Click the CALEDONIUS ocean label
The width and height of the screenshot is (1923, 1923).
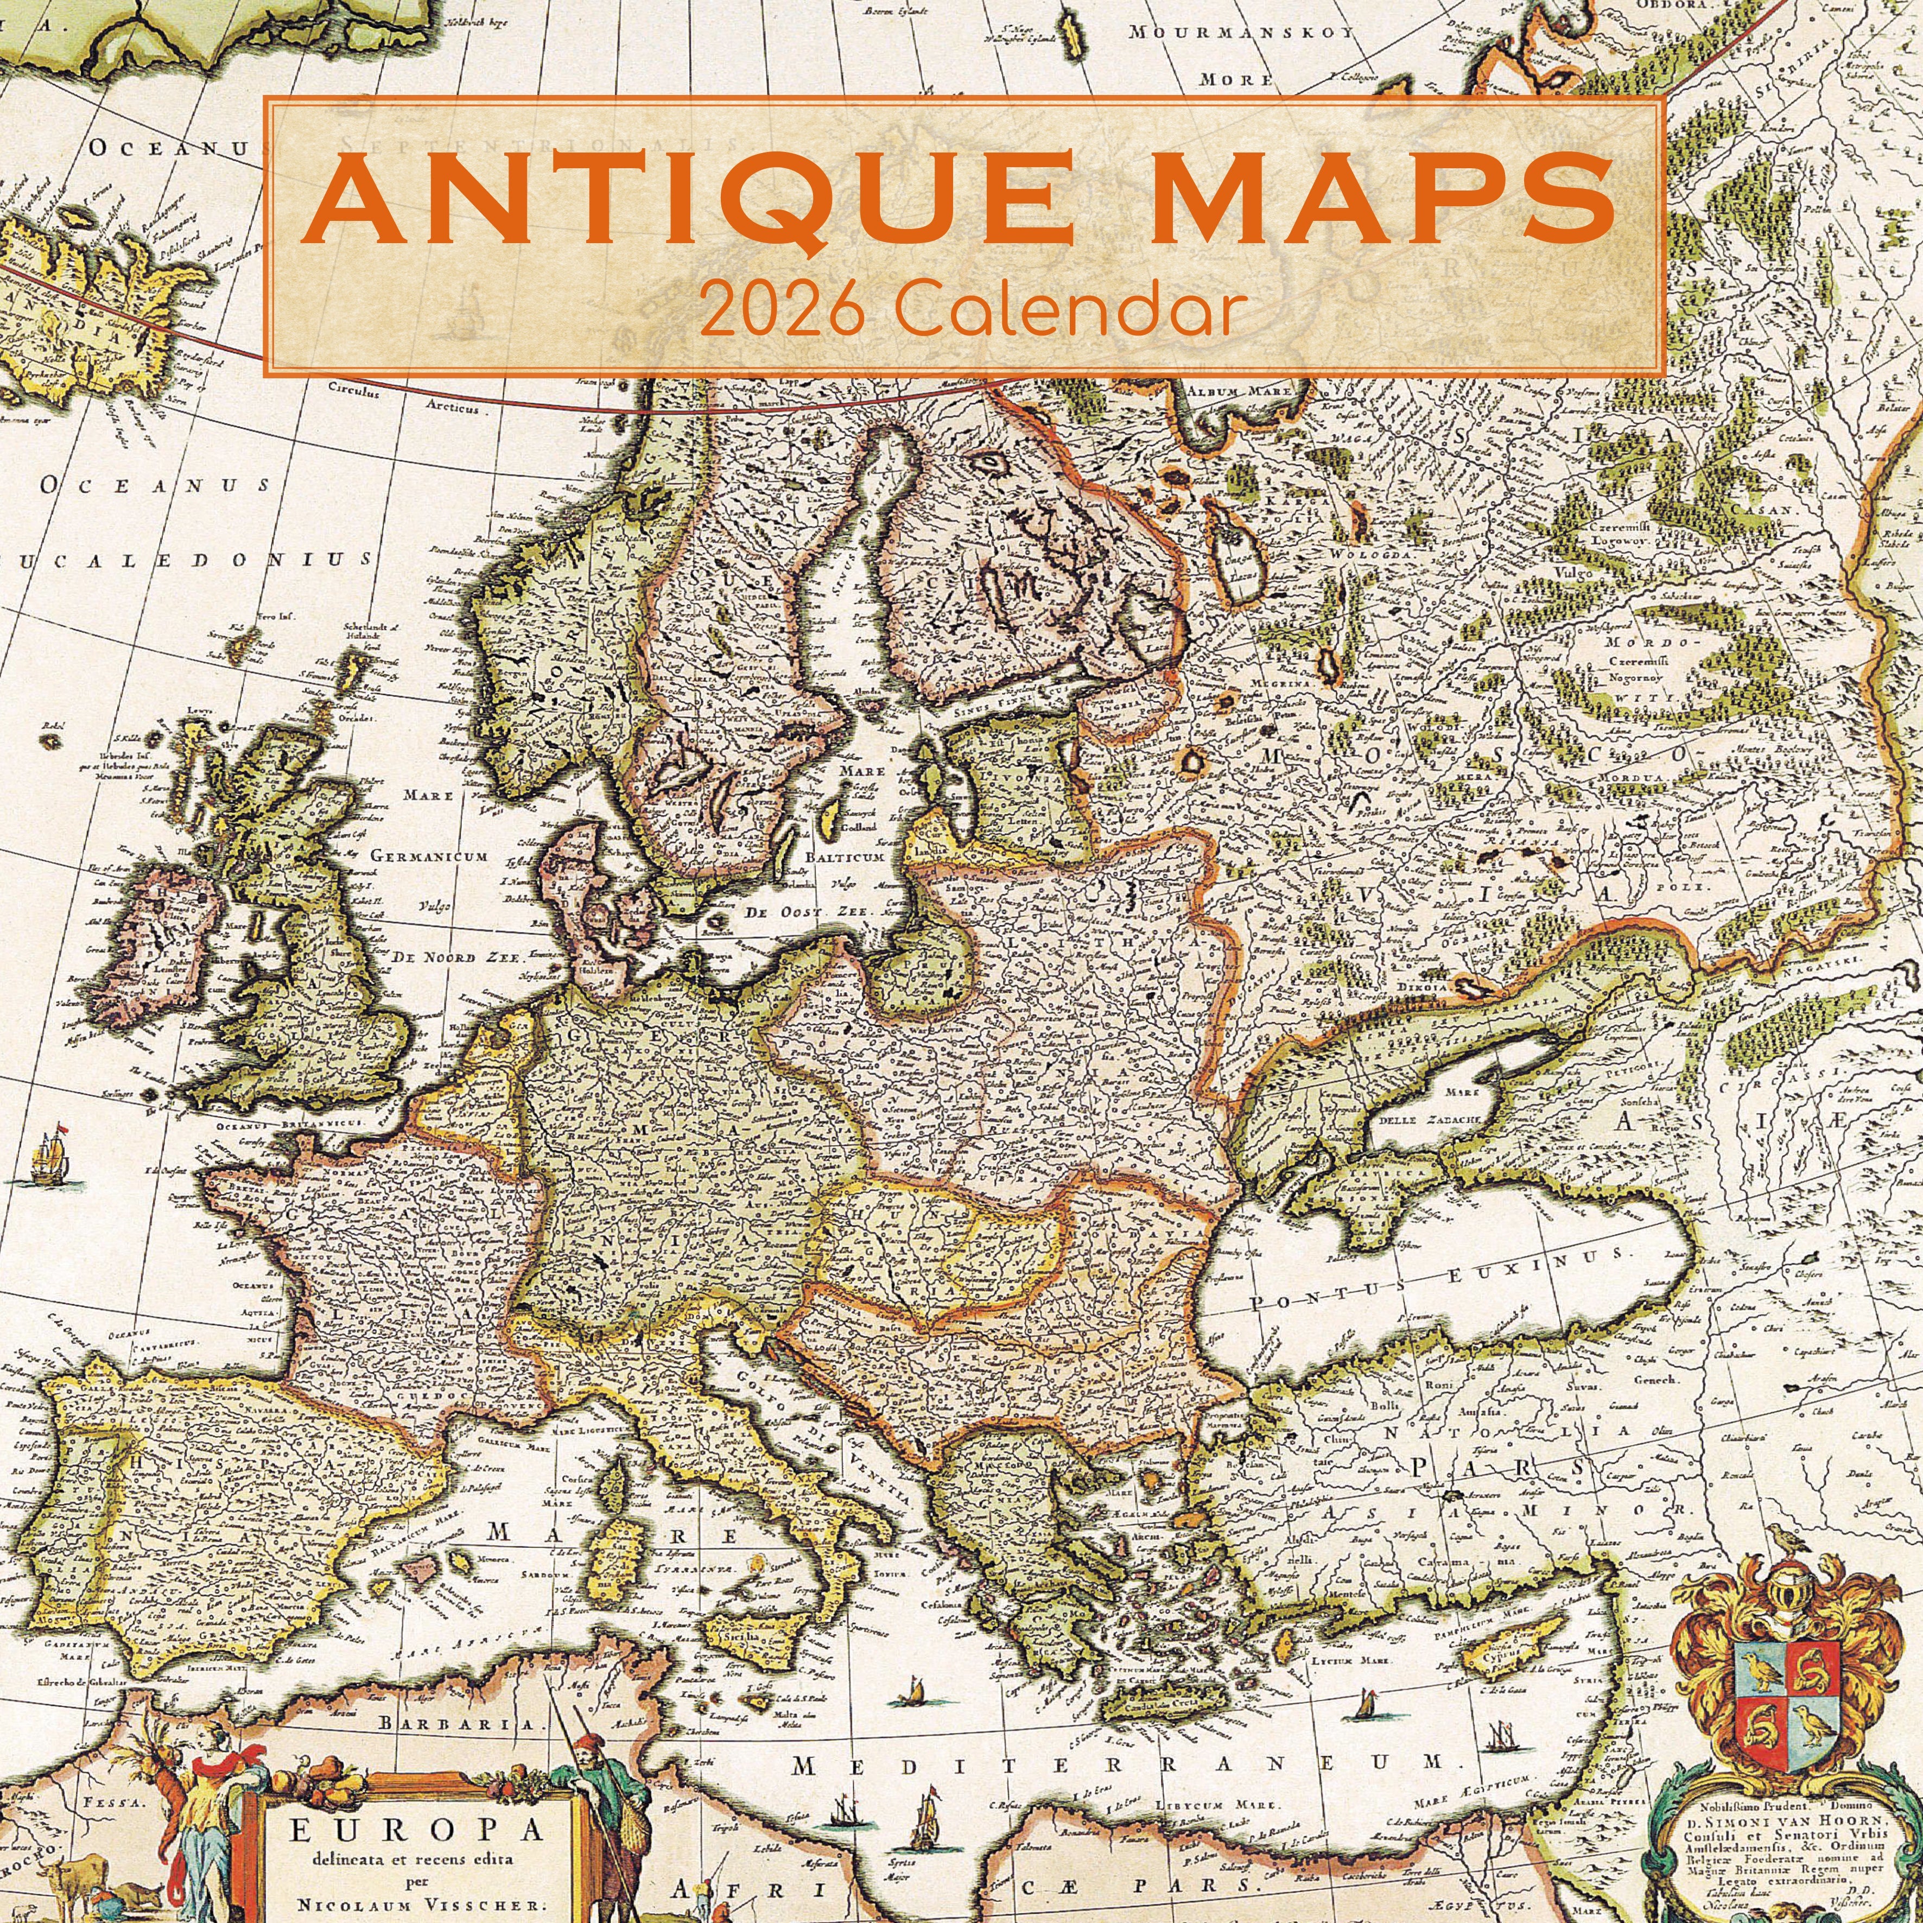(x=189, y=560)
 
